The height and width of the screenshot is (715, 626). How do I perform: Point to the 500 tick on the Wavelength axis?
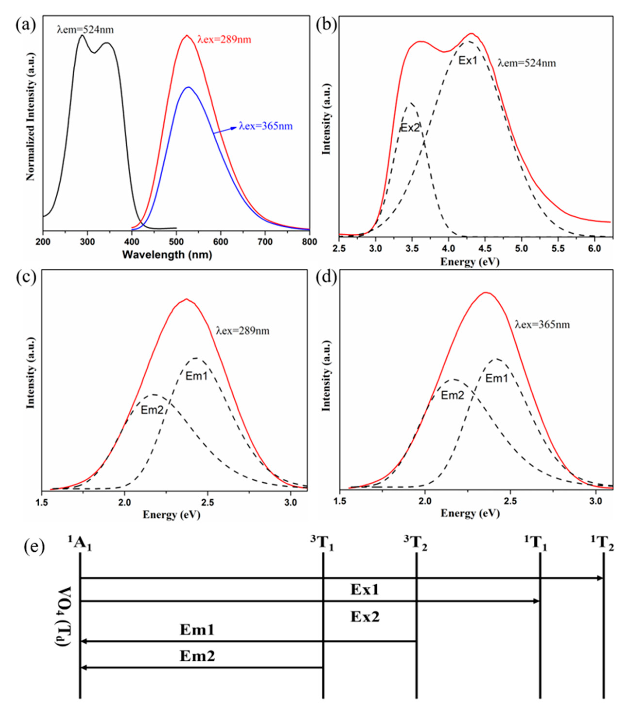pyautogui.click(x=176, y=242)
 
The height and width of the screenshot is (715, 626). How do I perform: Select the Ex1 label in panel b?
pyautogui.click(x=467, y=61)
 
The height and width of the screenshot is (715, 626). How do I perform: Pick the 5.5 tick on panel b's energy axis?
pyautogui.click(x=558, y=248)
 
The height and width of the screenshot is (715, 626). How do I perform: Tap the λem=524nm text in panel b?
pyautogui.click(x=526, y=63)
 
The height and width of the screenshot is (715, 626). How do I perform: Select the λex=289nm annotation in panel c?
pyautogui.click(x=243, y=330)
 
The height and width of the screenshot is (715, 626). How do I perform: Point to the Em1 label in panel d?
pyautogui.click(x=496, y=378)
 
